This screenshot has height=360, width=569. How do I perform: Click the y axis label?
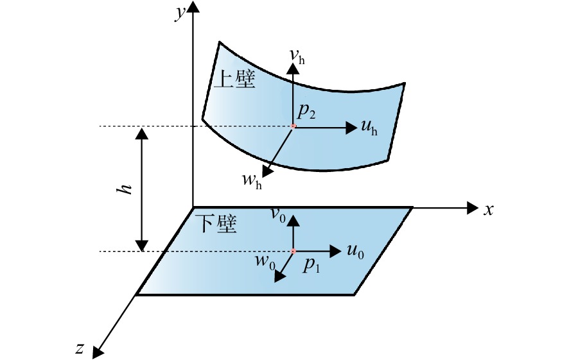coord(180,13)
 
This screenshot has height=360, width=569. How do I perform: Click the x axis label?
coord(489,210)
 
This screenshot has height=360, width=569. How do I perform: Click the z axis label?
coord(80,348)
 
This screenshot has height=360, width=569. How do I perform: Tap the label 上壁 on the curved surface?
coord(235,80)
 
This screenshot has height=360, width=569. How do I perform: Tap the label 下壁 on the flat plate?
coord(216,224)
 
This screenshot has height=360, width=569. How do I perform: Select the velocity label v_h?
coord(297,56)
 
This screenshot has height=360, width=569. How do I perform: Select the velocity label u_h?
coord(369,127)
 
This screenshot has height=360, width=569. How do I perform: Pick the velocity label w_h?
coord(252,180)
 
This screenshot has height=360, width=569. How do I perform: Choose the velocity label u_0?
coord(355,252)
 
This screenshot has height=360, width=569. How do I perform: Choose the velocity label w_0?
coord(265,261)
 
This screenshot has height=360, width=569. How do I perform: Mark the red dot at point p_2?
coord(293,126)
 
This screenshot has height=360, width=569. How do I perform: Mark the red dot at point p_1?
coord(293,251)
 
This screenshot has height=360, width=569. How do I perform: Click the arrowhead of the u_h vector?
coord(352,128)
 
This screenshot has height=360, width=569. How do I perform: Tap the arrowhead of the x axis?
coord(473,208)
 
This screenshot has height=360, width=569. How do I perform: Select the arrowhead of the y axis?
coord(193,7)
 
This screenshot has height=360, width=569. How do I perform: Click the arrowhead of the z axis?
coord(97,352)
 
